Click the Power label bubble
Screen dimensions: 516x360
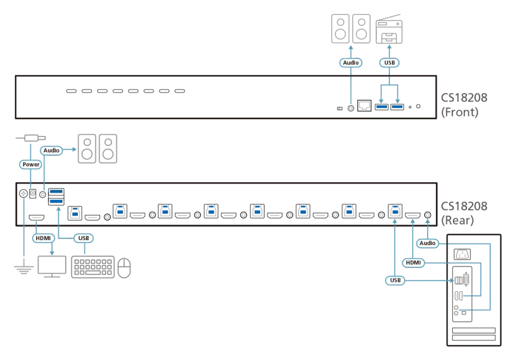31,164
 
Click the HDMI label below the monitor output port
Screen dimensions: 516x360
43,238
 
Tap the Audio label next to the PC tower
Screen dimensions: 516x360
427,243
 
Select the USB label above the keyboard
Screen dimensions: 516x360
84,238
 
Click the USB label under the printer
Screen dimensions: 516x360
389,62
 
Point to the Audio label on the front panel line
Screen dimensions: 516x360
351,62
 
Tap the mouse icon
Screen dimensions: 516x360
124,268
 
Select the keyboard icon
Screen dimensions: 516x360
93,267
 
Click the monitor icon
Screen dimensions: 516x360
52,267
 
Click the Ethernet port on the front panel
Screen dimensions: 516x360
364,106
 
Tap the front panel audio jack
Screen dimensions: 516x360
351,108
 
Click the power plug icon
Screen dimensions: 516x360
31,138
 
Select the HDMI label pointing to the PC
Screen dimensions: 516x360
413,263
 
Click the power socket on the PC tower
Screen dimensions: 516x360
462,254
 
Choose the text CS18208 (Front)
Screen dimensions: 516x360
464,105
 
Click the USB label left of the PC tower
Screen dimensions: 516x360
395,280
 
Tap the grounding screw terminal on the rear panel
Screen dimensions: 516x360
23,193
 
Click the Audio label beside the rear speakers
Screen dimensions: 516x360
52,150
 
